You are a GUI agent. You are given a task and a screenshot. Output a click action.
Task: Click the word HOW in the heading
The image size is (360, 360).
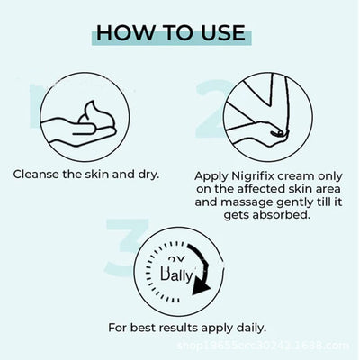[126, 33]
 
